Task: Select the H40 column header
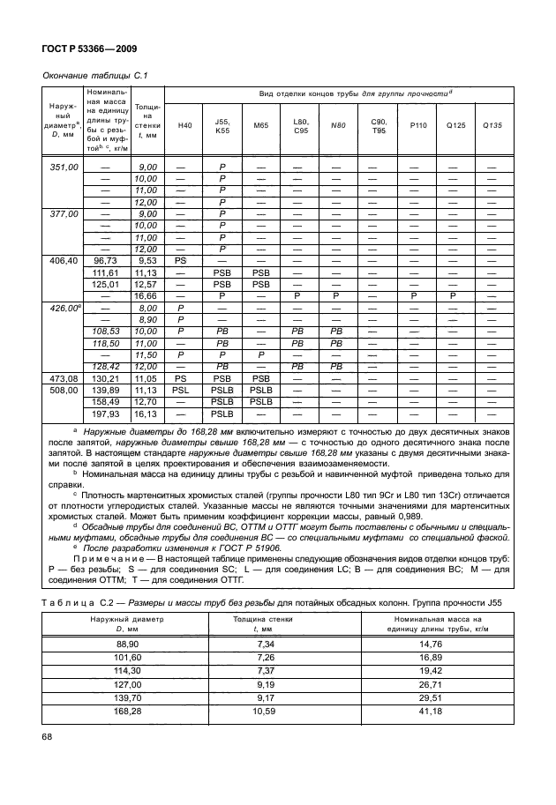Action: tap(184, 125)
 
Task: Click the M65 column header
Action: tap(260, 125)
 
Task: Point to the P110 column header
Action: tap(417, 125)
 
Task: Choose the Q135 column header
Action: tap(492, 125)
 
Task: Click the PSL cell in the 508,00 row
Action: tap(181, 390)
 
